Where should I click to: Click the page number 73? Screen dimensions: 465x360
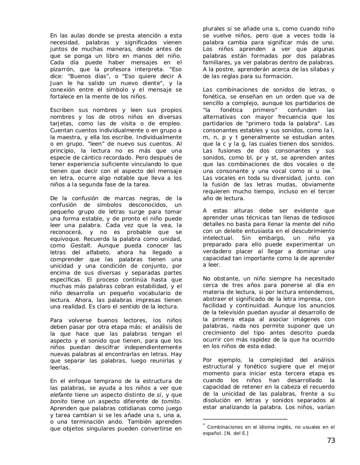click(x=331, y=441)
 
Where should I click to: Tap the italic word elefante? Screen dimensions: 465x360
click(x=61, y=395)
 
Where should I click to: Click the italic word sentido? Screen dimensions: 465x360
click(x=129, y=307)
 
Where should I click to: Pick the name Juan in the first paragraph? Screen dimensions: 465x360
click(x=57, y=83)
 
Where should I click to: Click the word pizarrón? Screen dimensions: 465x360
click(x=62, y=69)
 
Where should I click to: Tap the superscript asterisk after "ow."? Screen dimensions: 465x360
click(x=333, y=169)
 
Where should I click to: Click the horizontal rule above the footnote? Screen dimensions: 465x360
click(x=245, y=419)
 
